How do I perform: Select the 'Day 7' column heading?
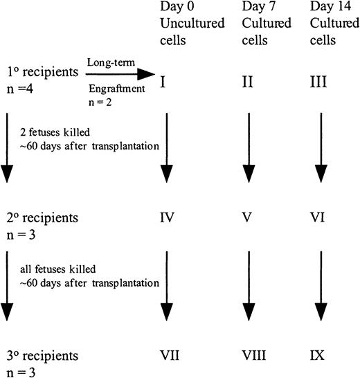(x=257, y=8)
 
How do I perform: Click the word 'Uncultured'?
(x=183, y=24)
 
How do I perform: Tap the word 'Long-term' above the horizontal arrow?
(x=107, y=63)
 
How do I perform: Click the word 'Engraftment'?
(x=111, y=90)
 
